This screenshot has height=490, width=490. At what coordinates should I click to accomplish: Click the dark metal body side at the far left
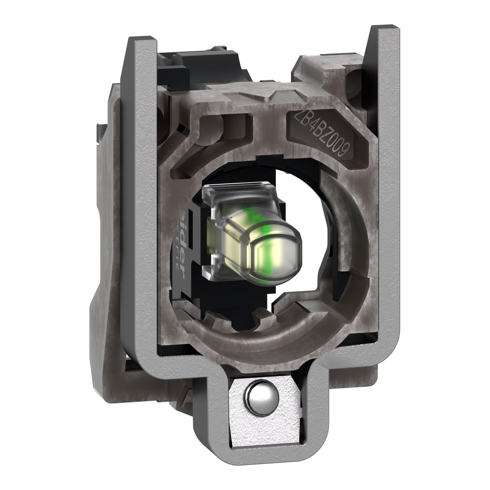tap(105, 261)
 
